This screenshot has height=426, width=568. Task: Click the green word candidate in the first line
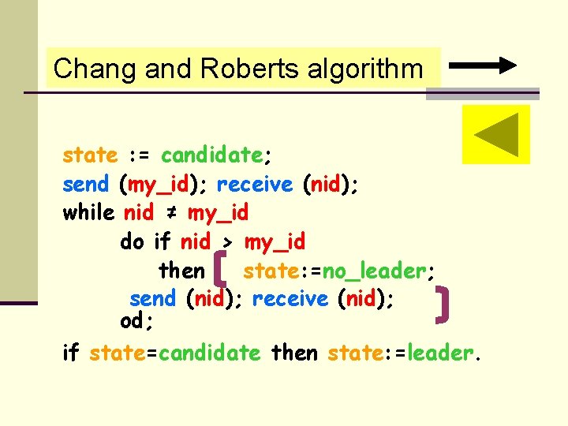click(211, 155)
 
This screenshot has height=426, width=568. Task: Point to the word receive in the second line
click(254, 185)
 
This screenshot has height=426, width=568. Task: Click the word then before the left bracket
click(181, 271)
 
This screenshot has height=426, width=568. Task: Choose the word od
click(133, 322)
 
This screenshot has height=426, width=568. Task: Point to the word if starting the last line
click(71, 353)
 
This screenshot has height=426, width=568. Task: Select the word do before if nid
click(132, 241)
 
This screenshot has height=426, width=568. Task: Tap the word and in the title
click(169, 69)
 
